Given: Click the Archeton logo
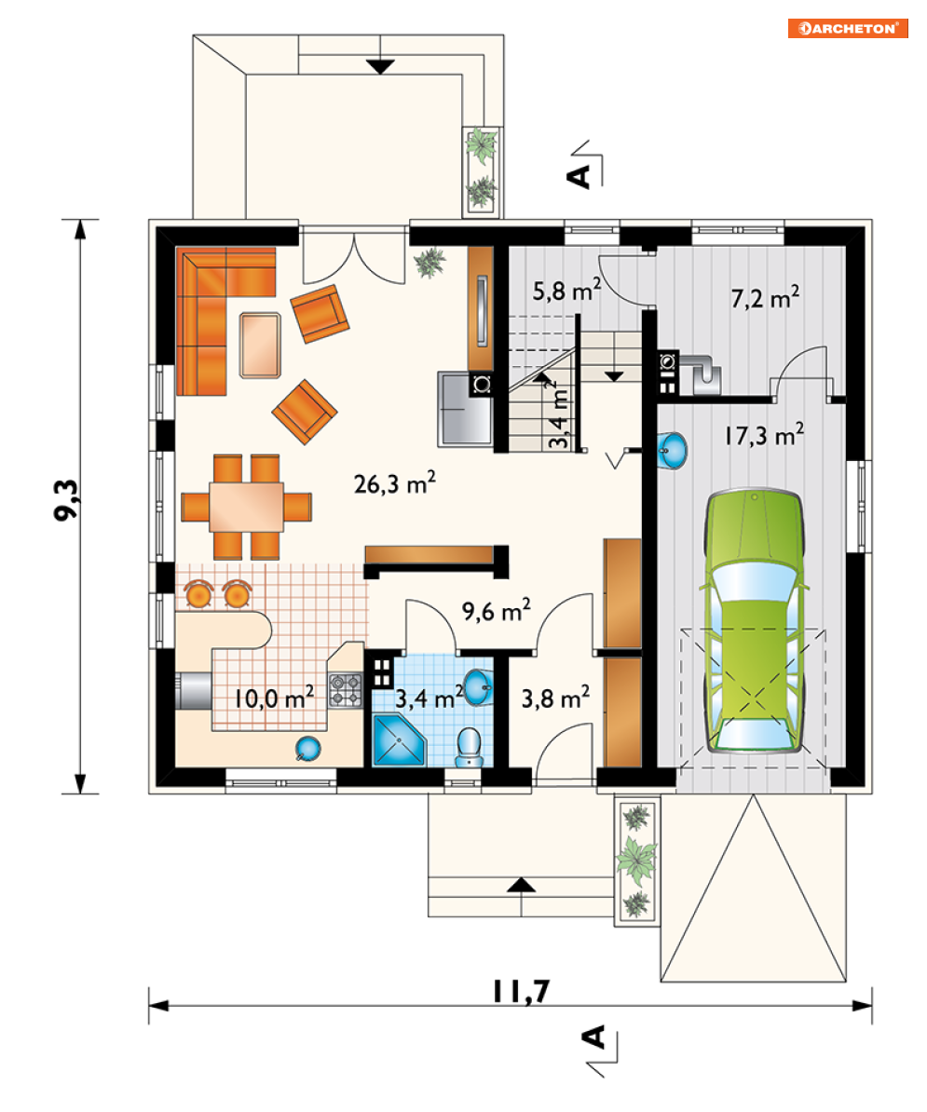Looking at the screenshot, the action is [x=848, y=28].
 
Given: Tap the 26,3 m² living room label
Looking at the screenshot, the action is [x=394, y=483].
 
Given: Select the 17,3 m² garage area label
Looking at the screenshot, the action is [x=764, y=434].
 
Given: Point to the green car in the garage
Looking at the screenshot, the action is [x=755, y=620].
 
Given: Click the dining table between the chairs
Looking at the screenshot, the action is [x=246, y=507].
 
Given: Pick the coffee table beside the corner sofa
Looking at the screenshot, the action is [x=260, y=346].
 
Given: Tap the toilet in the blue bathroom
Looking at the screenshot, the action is [x=468, y=747].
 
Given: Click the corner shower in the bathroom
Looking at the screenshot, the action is [x=399, y=740].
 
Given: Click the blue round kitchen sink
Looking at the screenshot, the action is [x=307, y=748].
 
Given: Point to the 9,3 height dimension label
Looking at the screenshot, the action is [x=67, y=499].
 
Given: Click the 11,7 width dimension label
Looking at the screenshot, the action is [x=522, y=992].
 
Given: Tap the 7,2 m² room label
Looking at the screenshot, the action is [x=765, y=297].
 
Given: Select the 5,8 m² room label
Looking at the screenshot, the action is [x=566, y=290].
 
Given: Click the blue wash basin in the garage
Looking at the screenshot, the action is [x=672, y=450].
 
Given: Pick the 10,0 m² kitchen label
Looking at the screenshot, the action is [x=274, y=698].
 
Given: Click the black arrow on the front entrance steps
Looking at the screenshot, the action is [x=522, y=885].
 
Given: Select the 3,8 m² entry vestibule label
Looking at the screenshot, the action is [x=555, y=698].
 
